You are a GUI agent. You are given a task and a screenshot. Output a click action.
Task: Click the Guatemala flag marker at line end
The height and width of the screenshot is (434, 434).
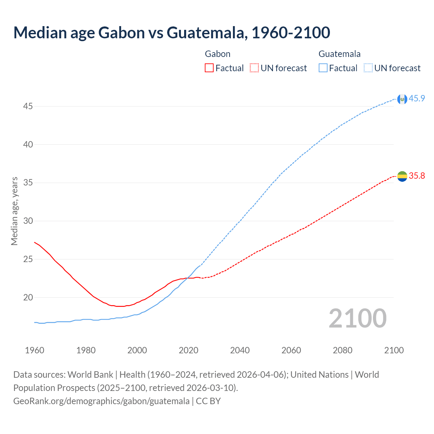402,99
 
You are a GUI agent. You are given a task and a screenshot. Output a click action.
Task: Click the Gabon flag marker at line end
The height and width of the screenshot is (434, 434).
402,176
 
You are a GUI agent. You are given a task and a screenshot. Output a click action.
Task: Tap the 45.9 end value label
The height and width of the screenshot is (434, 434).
417,98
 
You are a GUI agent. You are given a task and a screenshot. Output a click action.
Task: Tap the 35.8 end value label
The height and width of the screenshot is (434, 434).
417,176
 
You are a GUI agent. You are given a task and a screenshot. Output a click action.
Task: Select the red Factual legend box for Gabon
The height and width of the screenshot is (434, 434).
209,68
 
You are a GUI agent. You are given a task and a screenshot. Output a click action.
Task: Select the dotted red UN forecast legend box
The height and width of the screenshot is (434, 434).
254,68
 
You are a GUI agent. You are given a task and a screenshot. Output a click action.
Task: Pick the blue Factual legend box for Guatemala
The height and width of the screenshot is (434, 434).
323,68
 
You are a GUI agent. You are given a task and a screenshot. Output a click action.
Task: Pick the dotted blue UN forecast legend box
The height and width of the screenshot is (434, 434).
368,68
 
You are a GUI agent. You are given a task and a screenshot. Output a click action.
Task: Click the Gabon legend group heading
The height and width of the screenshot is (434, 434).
218,54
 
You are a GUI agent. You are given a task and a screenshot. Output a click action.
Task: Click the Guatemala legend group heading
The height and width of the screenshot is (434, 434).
339,54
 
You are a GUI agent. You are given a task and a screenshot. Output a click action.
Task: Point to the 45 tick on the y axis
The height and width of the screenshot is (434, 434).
28,106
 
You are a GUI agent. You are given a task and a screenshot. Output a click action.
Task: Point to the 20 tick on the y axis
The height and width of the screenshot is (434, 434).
28,298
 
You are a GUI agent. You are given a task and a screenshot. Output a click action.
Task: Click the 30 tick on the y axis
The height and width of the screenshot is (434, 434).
28,221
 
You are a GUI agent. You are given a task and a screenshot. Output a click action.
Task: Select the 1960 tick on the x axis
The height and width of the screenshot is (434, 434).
35,350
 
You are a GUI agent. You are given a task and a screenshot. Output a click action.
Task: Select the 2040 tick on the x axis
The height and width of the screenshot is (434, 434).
240,350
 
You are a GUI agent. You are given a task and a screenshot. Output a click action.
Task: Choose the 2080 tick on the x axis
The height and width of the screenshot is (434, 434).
342,350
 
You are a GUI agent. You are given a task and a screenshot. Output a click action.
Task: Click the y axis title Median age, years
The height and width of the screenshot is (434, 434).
14,211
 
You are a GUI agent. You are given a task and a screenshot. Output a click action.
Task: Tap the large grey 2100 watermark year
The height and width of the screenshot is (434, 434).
357,318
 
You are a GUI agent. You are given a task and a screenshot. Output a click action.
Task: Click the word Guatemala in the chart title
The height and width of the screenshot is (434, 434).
205,33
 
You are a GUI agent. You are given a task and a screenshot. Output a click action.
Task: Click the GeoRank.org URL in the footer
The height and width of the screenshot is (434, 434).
101,401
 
